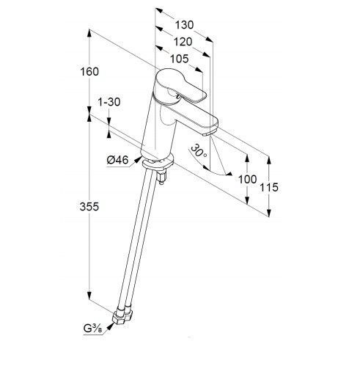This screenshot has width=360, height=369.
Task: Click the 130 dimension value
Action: [x=184, y=25]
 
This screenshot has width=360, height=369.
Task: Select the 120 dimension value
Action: [x=183, y=42]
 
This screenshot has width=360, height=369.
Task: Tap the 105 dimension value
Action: [x=180, y=59]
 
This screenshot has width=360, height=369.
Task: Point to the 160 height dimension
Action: [x=89, y=72]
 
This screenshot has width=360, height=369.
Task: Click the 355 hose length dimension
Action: [x=89, y=207]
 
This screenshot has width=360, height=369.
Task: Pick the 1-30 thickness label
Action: [x=109, y=102]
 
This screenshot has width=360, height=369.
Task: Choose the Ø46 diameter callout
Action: [x=117, y=160]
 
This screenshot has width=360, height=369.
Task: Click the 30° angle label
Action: [x=199, y=151]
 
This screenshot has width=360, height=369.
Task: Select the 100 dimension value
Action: [x=247, y=180]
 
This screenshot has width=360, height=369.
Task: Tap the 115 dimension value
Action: [x=269, y=188]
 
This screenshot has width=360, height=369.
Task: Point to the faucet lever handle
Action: [x=180, y=85]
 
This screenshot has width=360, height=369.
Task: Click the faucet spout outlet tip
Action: [x=210, y=133]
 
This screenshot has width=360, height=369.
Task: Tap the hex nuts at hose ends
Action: [x=122, y=317]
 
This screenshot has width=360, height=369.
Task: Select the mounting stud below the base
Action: [x=161, y=177]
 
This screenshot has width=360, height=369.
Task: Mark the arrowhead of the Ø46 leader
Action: [x=138, y=160]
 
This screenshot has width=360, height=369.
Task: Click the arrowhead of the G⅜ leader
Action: [x=111, y=326]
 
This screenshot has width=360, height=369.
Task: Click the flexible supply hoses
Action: [x=136, y=240]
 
